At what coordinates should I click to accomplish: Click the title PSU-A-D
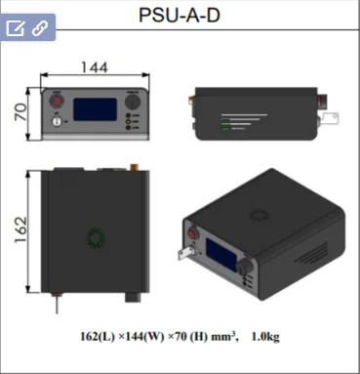tap(180, 16)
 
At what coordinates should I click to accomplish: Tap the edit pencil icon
tap(16, 28)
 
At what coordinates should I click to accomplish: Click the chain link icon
tap(40, 28)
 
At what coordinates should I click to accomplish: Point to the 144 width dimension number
tap(95, 67)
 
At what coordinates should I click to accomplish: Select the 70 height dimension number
tap(20, 111)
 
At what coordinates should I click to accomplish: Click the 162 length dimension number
tap(20, 229)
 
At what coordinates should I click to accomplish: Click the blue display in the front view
tap(95, 109)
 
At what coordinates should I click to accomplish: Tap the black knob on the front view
tap(133, 102)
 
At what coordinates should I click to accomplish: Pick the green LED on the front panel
tap(128, 122)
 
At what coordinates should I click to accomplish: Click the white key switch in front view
tap(57, 121)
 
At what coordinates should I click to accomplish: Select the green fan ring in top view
tap(96, 238)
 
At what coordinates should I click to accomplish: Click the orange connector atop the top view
tap(134, 167)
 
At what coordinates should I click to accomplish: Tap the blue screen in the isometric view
tap(221, 254)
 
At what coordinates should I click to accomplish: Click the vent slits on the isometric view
tap(311, 254)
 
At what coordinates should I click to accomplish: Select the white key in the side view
tap(330, 118)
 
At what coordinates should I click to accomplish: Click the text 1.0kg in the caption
tap(265, 336)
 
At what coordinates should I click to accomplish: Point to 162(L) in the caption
tap(98, 336)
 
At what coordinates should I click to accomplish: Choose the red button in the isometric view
tap(193, 233)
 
